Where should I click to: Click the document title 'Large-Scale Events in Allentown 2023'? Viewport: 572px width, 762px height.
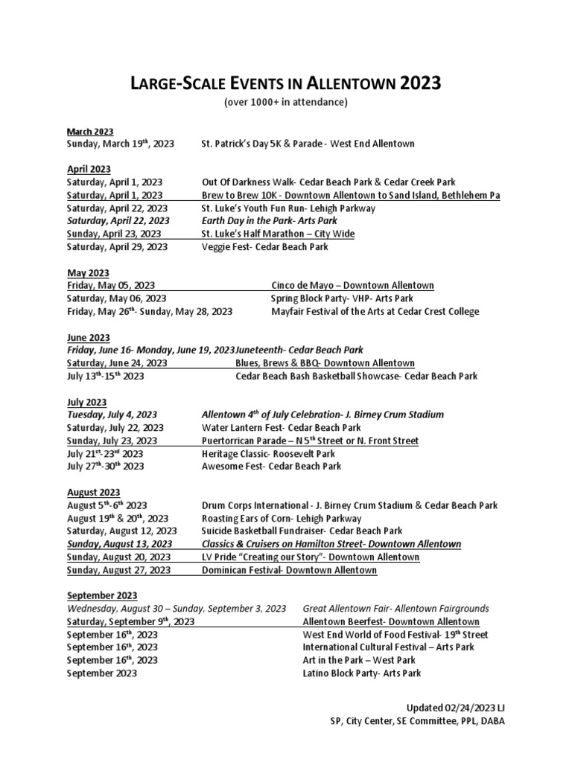click(x=286, y=83)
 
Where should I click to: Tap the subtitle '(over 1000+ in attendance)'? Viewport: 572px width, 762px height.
click(x=286, y=102)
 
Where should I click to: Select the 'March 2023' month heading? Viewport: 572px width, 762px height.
click(x=90, y=131)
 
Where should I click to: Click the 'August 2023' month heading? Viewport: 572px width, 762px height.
click(x=94, y=493)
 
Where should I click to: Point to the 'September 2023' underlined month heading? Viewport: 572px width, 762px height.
click(x=102, y=595)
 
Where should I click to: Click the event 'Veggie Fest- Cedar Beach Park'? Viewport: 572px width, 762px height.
click(x=264, y=246)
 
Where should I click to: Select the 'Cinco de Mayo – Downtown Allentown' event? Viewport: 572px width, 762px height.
click(x=352, y=285)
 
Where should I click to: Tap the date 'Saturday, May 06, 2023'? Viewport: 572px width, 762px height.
click(x=116, y=298)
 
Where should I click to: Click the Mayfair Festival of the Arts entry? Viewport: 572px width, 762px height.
click(x=375, y=311)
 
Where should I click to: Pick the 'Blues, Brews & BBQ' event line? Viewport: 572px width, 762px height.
click(x=325, y=362)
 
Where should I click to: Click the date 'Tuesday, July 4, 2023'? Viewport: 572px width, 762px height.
click(x=112, y=414)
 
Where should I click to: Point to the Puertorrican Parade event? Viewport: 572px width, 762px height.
click(x=310, y=441)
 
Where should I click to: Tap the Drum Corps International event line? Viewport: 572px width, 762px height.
click(x=349, y=505)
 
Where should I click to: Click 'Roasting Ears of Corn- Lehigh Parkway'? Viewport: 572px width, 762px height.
click(x=282, y=518)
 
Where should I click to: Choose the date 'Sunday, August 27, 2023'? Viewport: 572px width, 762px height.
click(x=118, y=570)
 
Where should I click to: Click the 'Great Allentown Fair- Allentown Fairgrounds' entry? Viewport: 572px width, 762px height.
click(x=395, y=608)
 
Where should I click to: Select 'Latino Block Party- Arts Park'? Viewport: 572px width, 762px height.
click(x=361, y=673)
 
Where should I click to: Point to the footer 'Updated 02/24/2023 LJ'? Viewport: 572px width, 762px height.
click(x=460, y=706)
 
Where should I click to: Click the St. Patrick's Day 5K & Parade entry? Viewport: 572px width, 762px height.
click(x=308, y=144)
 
